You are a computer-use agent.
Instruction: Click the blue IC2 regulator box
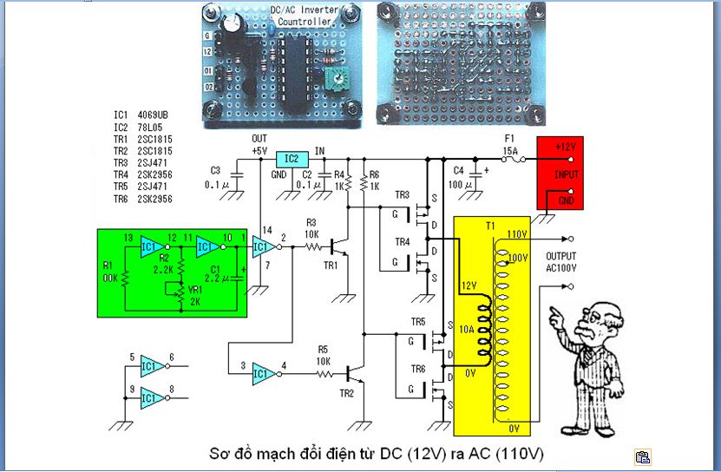coord(292,159)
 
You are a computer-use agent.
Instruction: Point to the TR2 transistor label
coord(346,393)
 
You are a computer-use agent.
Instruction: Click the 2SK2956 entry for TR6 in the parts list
coord(155,199)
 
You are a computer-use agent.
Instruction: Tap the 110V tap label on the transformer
coord(518,235)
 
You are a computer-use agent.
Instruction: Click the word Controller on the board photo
coord(303,22)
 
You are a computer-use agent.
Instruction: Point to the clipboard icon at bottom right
coord(642,456)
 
